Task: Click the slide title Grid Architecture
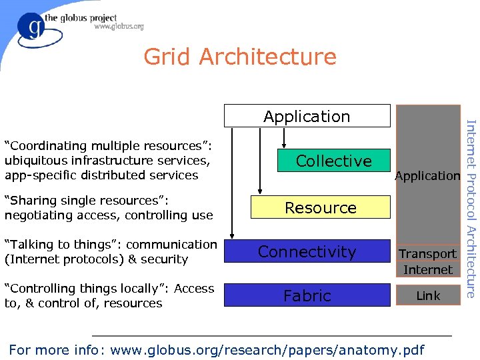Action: (x=240, y=57)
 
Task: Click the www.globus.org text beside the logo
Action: (x=119, y=27)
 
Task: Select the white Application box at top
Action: (x=307, y=116)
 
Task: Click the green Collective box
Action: (x=333, y=161)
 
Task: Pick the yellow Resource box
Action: (x=321, y=207)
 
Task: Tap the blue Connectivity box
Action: (x=307, y=251)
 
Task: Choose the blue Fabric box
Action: (x=307, y=295)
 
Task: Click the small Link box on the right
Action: (x=427, y=295)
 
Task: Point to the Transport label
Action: (x=427, y=254)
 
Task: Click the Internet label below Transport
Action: (x=427, y=270)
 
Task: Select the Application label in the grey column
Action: (x=427, y=176)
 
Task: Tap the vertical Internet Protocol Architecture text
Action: (x=470, y=208)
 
